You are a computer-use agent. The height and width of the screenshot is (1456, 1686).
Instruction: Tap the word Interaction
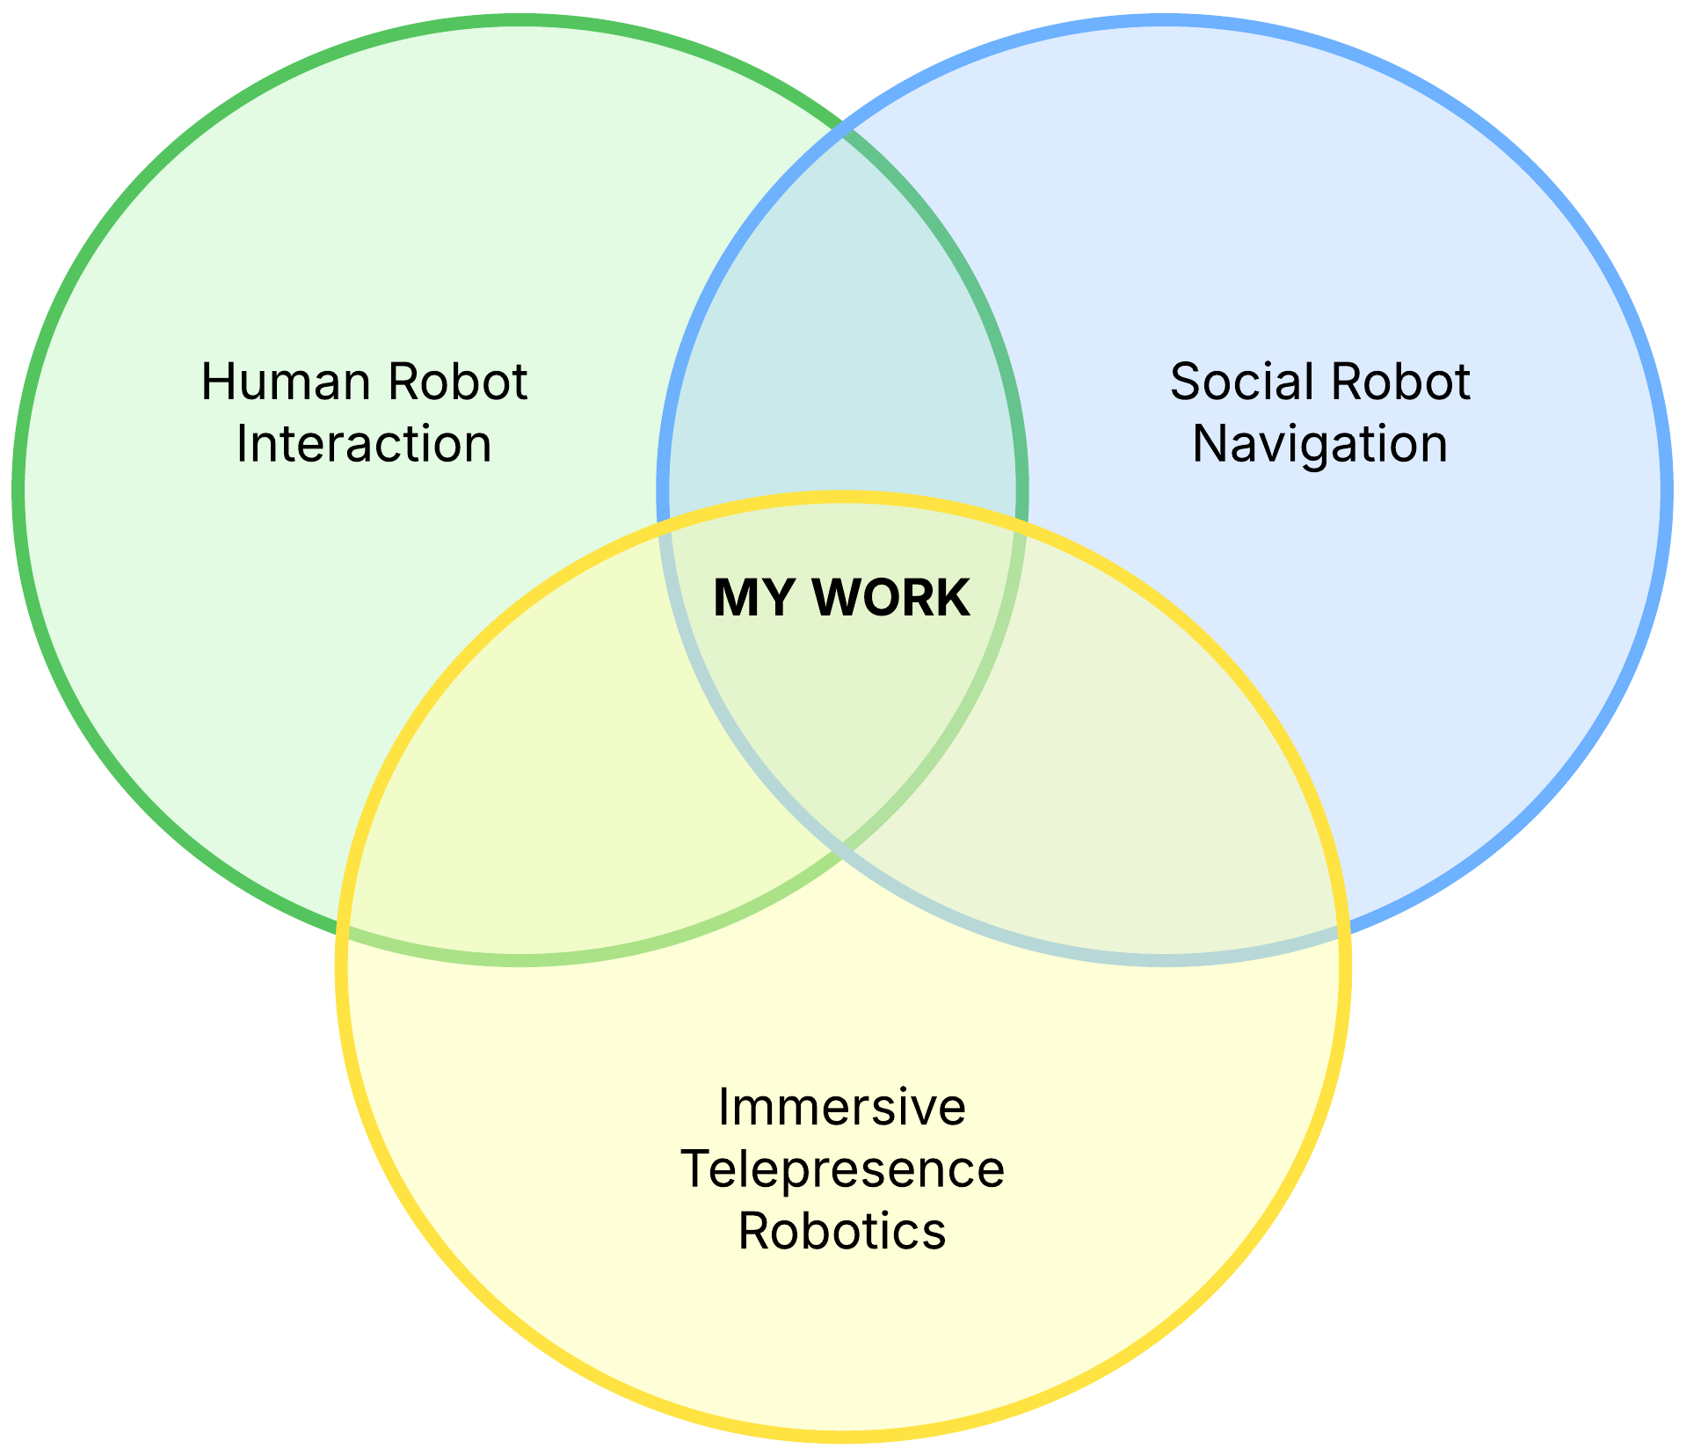coord(363,444)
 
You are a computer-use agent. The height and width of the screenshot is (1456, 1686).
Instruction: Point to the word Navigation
coord(1319,444)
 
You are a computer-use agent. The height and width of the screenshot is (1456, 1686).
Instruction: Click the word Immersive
coord(841,1107)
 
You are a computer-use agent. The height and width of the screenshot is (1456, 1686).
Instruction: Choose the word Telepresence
coord(842,1169)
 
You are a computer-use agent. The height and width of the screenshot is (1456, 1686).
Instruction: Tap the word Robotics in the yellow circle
coord(841,1231)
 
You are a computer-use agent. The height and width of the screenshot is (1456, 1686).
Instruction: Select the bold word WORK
coord(891,599)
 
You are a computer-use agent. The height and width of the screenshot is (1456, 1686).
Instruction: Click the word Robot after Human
coord(457,382)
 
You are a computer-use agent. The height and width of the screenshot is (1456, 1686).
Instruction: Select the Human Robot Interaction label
coord(363,413)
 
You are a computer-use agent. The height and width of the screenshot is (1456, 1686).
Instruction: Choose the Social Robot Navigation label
coord(1319,413)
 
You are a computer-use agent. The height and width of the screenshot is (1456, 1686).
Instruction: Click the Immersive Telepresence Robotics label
coord(842,1169)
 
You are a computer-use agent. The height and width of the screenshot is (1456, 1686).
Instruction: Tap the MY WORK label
coord(841,599)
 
